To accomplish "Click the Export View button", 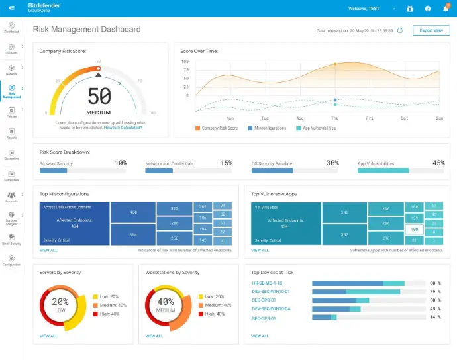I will [x=431, y=30].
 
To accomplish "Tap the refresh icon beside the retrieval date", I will [x=399, y=30].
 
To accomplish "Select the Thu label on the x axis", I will [x=335, y=118].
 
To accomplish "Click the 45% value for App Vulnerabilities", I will [x=438, y=163].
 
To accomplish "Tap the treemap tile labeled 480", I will [x=133, y=212].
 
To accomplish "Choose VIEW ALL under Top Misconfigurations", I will [x=48, y=250].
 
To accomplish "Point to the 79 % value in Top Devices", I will [x=435, y=291].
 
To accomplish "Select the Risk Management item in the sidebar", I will [x=11, y=91].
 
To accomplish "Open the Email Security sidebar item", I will [x=11, y=240].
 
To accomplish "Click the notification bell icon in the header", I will [x=446, y=9].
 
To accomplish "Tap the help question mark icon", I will [x=428, y=9].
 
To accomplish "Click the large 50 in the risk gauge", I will [x=99, y=97].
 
